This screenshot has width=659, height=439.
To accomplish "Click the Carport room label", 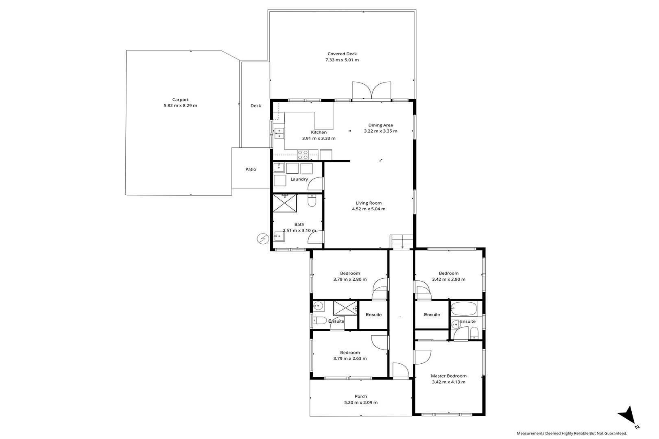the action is coord(180,100).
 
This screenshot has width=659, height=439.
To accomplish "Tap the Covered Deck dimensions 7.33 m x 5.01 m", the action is coord(342,60).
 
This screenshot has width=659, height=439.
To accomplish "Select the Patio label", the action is coord(251,170).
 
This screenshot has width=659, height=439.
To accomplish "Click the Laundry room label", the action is coord(299,179).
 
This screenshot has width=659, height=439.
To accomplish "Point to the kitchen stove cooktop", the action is coord(302,155).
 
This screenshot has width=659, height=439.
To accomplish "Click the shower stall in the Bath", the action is coord(285,203).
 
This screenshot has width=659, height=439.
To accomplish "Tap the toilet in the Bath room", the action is coord(312,201).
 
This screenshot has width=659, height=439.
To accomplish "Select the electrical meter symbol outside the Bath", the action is coord(263,239).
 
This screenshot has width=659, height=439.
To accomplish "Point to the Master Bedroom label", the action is coord(449,376).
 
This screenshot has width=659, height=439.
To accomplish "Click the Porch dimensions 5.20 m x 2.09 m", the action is coord(361,402).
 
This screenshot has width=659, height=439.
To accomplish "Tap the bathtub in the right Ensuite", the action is coord(464,309).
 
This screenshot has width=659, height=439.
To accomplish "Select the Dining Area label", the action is coord(381,125).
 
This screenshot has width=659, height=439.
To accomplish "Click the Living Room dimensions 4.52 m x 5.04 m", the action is coord(369,209).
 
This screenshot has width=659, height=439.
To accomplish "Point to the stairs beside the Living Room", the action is coord(402,242).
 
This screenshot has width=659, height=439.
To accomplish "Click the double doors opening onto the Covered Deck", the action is coord(372,90).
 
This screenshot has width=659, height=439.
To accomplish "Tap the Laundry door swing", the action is coord(316,184).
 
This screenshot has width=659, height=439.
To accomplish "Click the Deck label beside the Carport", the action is coord(255,106).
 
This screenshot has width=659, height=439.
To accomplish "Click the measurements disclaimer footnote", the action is coord(572,433).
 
